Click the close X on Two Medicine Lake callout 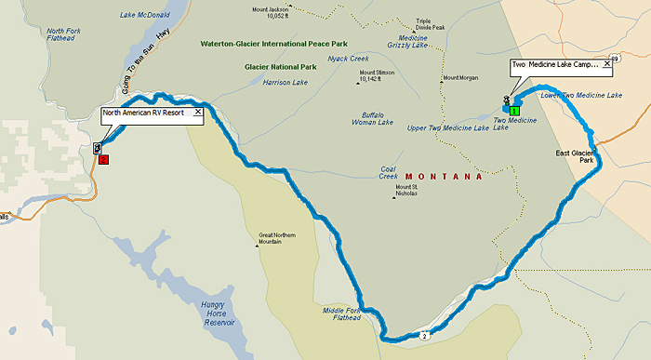point(607,66)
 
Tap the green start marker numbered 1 point(514,111)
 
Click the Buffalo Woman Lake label point(372,118)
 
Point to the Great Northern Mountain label point(277,239)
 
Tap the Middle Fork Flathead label point(341,313)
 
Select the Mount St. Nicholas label point(407,192)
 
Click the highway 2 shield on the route point(423,335)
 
